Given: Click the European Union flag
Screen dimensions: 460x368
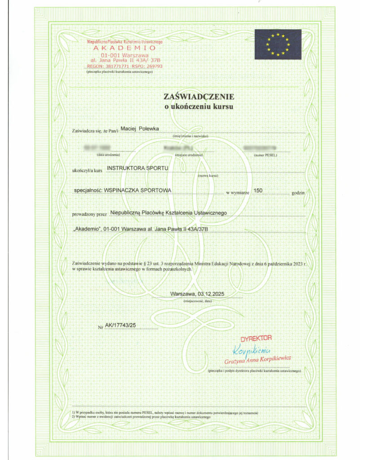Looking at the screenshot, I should tap(278, 44).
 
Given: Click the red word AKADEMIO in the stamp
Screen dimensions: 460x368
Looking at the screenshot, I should tap(125, 48).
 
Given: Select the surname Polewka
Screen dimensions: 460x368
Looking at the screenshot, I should tap(150, 129).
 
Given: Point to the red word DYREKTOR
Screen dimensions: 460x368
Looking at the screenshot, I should tap(256, 337).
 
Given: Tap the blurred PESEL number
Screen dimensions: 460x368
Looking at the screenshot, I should tap(259, 147).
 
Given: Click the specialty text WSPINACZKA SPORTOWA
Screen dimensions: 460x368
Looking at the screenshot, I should tap(137, 190).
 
